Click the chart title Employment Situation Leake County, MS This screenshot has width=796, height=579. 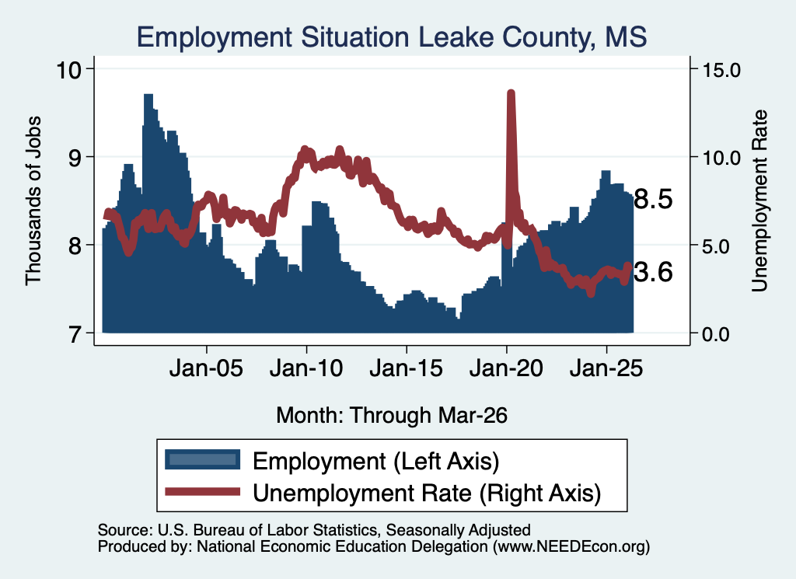pyautogui.click(x=392, y=37)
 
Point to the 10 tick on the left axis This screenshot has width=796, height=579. pyautogui.click(x=68, y=69)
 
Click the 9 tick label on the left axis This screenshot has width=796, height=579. pyautogui.click(x=75, y=158)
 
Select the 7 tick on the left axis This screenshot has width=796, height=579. pyautogui.click(x=75, y=334)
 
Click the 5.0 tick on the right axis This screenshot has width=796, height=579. pyautogui.click(x=716, y=246)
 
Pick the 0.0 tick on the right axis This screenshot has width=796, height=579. pyautogui.click(x=716, y=334)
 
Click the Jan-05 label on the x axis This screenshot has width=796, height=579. pyautogui.click(x=206, y=368)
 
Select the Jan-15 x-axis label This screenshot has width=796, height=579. pyautogui.click(x=406, y=368)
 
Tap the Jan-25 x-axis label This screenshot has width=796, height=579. pyautogui.click(x=606, y=368)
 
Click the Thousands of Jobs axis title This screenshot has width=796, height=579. pyautogui.click(x=33, y=201)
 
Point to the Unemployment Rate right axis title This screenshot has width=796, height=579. pyautogui.click(x=759, y=201)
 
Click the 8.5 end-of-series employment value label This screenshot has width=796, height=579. pyautogui.click(x=653, y=200)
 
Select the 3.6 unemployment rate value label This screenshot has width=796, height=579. pyautogui.click(x=653, y=273)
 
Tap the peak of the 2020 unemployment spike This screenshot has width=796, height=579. pyautogui.click(x=511, y=92)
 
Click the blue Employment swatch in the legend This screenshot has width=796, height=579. pyautogui.click(x=203, y=460)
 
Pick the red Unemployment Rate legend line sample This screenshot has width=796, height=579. pyautogui.click(x=203, y=491)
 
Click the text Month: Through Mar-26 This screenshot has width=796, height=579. pyautogui.click(x=392, y=415)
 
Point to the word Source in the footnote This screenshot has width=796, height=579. pyautogui.click(x=124, y=530)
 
